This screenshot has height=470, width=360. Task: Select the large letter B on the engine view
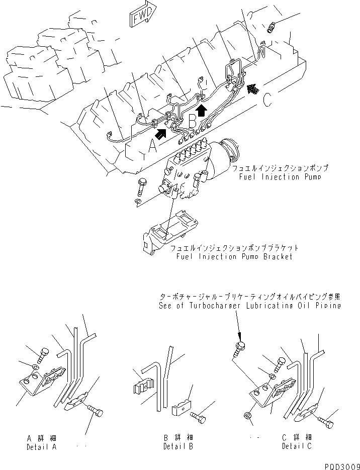(x=193, y=121)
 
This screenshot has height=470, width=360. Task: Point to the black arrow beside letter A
(x=162, y=133)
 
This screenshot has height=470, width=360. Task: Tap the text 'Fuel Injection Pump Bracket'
(x=234, y=256)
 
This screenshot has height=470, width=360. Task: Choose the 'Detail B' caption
(x=178, y=446)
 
